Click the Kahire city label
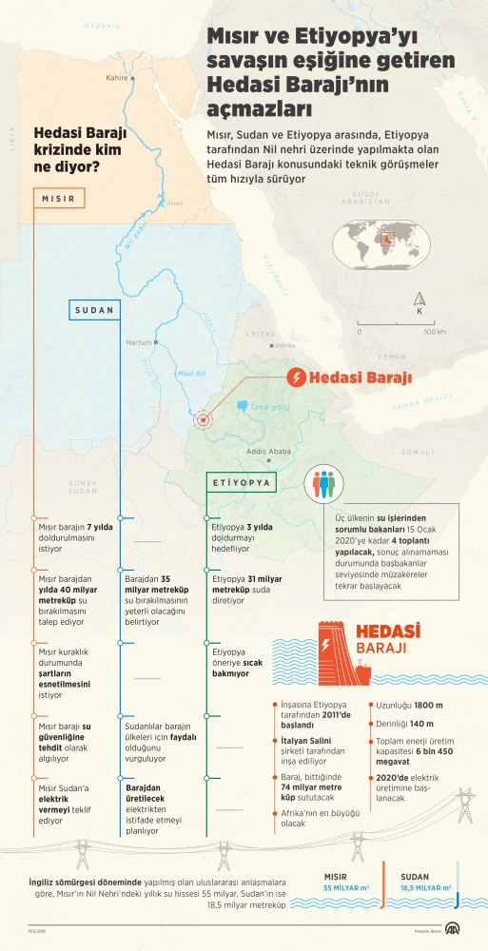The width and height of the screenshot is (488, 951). point(117,78)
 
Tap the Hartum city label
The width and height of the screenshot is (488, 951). point(139,342)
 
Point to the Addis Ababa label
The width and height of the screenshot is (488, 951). point(260,452)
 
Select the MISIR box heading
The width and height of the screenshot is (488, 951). point(59,199)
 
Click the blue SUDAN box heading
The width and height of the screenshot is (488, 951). point(94,310)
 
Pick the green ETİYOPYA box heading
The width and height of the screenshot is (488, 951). point(242,482)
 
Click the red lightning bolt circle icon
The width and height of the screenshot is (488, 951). point(297,378)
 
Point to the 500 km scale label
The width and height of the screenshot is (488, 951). point(434,332)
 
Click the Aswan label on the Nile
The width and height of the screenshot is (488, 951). point(173,203)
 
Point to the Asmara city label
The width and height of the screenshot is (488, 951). point(285,347)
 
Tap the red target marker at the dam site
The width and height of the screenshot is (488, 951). point(203,419)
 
